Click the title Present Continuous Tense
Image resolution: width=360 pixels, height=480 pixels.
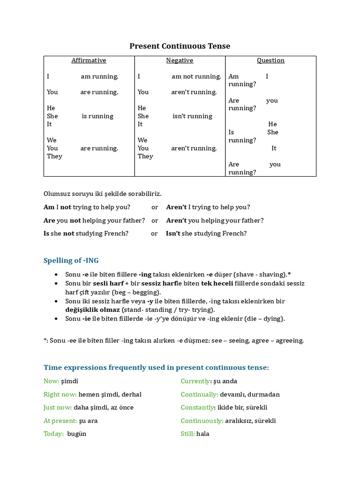click(180, 46)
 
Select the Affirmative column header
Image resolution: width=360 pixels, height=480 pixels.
click(89, 60)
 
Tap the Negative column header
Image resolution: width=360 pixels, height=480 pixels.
click(180, 60)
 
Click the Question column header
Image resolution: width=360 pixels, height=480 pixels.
click(270, 60)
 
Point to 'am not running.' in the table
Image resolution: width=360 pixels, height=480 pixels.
click(196, 76)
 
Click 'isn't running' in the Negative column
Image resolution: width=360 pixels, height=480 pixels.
click(192, 116)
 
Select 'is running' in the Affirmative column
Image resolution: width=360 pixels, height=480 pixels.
click(97, 116)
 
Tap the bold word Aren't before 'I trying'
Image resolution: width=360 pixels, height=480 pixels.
click(176, 207)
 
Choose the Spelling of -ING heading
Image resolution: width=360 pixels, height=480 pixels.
click(71, 261)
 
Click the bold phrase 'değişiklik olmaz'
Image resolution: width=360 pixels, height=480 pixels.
click(92, 310)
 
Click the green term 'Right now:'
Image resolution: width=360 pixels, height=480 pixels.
click(60, 395)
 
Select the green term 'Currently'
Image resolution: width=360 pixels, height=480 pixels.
click(195, 382)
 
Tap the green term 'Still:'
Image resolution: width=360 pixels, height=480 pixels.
click(187, 434)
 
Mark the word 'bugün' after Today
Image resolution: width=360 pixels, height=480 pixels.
click(77, 434)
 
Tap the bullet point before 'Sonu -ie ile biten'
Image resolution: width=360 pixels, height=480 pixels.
click(56, 319)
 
